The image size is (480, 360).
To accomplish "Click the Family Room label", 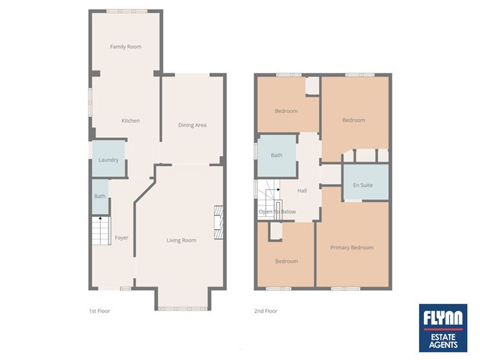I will tap(125, 47).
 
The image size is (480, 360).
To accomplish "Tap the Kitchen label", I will tap(130, 121).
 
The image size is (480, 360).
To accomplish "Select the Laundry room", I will tap(109, 160).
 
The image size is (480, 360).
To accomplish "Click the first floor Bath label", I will tap(99, 196).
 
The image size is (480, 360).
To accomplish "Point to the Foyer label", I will tap(121, 237).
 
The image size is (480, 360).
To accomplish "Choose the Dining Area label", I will tap(192, 125).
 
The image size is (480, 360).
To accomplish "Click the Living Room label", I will tap(181, 240).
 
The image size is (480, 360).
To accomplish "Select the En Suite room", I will tap(365, 185).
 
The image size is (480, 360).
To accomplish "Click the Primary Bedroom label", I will tap(351, 248).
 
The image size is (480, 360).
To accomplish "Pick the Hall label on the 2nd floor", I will tap(302, 190).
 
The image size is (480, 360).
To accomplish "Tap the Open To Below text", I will tap(277, 212).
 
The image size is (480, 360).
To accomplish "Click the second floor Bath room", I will tap(277, 155).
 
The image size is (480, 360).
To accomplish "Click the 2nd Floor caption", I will tap(265, 311).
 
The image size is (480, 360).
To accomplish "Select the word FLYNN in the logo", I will tap(443, 317).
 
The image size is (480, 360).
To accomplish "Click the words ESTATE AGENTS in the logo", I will tap(443, 339).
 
